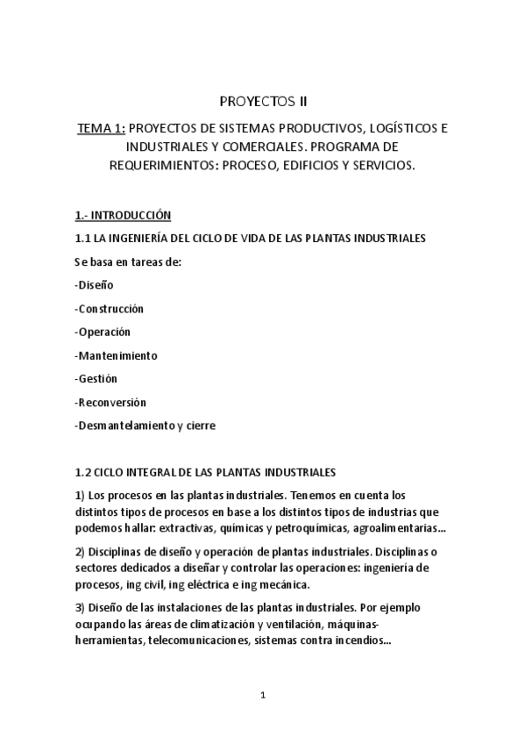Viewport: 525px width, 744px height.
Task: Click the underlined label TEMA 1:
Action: click(x=101, y=128)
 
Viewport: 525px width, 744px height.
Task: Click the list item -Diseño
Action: click(x=95, y=285)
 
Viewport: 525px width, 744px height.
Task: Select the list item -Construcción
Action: click(x=110, y=309)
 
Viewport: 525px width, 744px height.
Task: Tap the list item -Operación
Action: click(x=103, y=333)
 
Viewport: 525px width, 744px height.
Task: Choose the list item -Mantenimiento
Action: click(x=117, y=356)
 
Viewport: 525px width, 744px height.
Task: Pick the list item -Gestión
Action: click(x=96, y=379)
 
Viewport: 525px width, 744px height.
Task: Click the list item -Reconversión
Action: click(x=111, y=403)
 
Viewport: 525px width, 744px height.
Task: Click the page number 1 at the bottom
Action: click(x=262, y=696)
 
